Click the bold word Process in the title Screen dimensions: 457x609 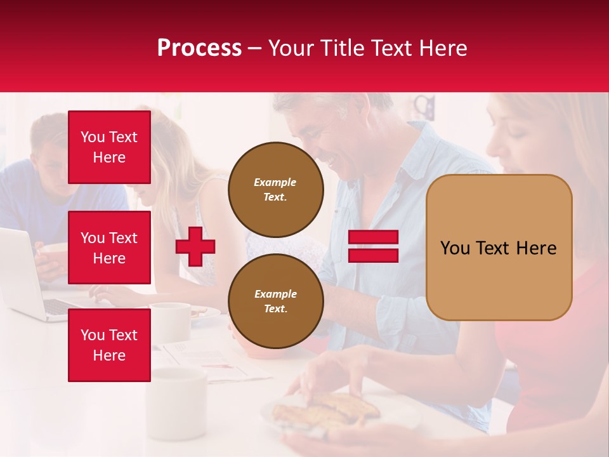[199, 48]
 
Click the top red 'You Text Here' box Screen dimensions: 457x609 [109, 147]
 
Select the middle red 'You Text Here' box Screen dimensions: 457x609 [109, 248]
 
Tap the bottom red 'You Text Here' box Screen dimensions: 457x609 [109, 345]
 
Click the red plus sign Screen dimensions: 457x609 [195, 246]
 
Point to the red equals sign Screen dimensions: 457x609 [373, 246]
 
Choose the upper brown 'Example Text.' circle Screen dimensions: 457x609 [275, 190]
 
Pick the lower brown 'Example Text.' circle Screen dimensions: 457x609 [275, 301]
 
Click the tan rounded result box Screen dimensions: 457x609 [499, 248]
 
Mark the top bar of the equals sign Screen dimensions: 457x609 [373, 237]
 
